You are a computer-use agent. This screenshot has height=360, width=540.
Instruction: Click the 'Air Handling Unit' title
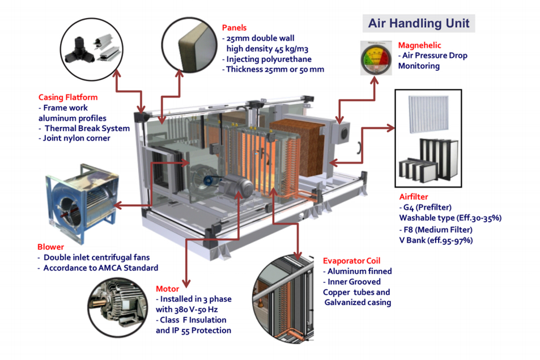[418, 23]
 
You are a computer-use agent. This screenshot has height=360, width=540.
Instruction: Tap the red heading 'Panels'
[234, 27]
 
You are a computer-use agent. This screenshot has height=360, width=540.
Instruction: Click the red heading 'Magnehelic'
[419, 45]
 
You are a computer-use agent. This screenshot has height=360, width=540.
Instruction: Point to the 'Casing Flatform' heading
[68, 98]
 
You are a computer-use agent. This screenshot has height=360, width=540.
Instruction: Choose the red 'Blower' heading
[51, 247]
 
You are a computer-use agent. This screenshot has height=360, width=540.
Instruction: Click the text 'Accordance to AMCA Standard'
[101, 268]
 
